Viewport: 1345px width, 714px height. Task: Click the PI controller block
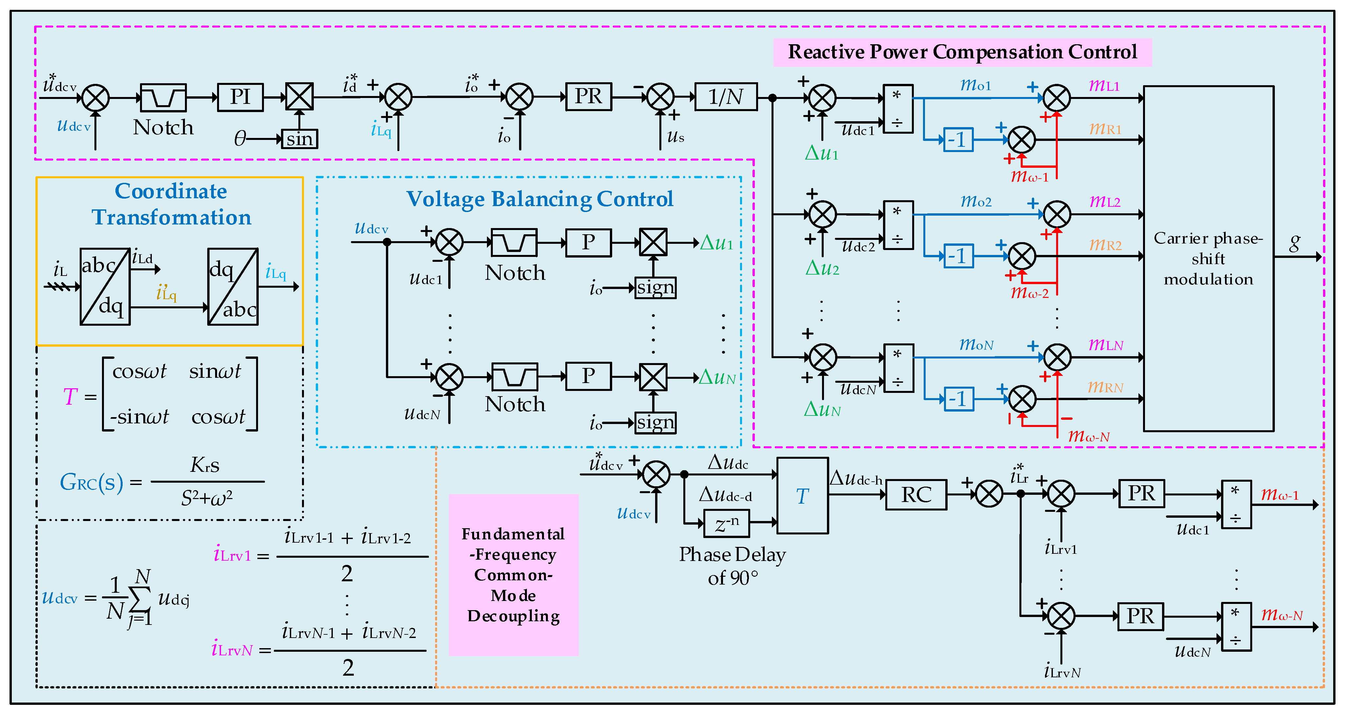(x=240, y=97)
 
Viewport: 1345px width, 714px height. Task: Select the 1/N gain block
(x=726, y=97)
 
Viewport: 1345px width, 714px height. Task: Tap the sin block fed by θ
(x=299, y=139)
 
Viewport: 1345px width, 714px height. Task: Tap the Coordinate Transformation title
(x=171, y=204)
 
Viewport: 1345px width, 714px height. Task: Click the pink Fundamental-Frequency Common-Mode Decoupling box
(x=513, y=575)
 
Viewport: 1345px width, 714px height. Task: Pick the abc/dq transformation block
(x=105, y=286)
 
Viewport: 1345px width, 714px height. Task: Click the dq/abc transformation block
(x=233, y=286)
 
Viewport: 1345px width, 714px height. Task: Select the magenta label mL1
(x=1104, y=86)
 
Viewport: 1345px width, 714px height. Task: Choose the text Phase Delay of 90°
(x=732, y=566)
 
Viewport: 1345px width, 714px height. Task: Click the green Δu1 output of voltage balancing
(x=716, y=243)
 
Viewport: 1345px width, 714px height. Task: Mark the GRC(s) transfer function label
(x=91, y=482)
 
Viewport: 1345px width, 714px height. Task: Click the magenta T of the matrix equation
(x=70, y=397)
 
